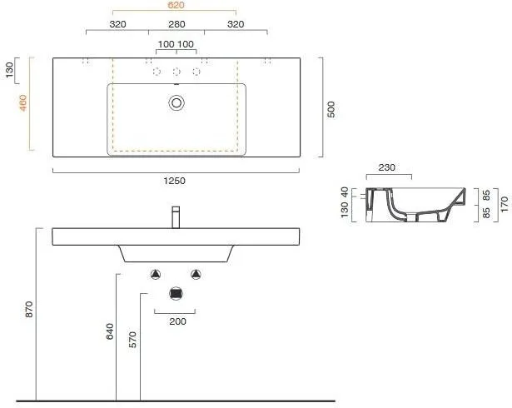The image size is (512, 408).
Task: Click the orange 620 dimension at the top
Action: (176, 5)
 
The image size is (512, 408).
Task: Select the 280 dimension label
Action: (176, 24)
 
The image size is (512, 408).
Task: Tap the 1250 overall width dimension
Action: (174, 181)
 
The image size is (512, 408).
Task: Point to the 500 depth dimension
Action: (331, 109)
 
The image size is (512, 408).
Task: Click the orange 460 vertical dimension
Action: (23, 102)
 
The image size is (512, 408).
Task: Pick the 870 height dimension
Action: (29, 309)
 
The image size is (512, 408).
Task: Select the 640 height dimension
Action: (110, 331)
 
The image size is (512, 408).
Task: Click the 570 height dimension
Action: (132, 340)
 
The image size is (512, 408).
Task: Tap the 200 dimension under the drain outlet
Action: (177, 321)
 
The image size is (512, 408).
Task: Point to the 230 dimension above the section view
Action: (386, 167)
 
